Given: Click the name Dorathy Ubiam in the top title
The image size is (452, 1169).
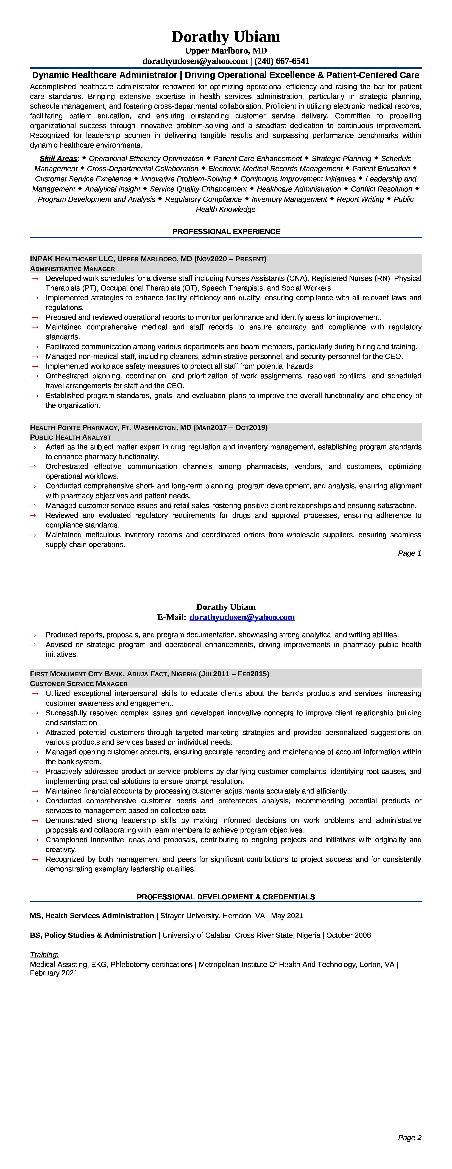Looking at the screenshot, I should [x=226, y=37].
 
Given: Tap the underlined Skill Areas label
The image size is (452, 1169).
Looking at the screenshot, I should [x=58, y=158].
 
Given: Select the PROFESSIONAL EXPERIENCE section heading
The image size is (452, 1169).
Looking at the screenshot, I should [x=226, y=231].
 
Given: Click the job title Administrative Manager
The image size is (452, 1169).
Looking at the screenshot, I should [x=72, y=269].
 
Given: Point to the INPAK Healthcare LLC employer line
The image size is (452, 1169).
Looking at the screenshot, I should [x=148, y=259].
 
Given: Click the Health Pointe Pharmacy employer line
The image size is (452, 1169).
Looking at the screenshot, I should [x=149, y=428].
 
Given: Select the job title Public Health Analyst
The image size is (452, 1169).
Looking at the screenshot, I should [x=70, y=437].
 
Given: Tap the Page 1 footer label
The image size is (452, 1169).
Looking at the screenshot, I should [x=409, y=553].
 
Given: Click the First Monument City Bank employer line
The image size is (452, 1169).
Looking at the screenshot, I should [x=149, y=674].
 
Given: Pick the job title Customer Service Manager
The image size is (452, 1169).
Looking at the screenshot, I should [x=79, y=684].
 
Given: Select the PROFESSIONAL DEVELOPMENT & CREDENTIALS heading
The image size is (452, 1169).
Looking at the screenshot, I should [x=226, y=897].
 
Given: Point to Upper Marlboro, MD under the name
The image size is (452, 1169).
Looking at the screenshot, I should [x=226, y=51].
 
